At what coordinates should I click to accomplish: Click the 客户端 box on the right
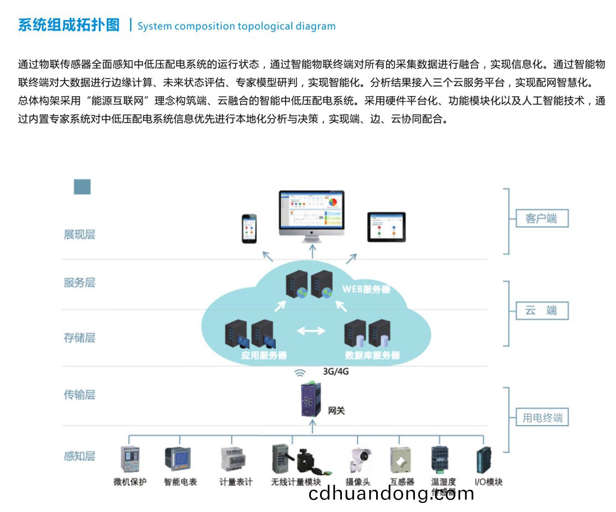tap(542, 218)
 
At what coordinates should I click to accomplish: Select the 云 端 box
tap(542, 311)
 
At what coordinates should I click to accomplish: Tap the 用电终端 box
tap(542, 417)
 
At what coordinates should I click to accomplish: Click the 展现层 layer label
tap(79, 235)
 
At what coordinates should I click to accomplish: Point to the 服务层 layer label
tap(79, 283)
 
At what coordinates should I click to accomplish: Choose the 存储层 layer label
tap(79, 338)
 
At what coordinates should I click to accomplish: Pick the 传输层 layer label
tap(79, 395)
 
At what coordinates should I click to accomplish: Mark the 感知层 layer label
tap(79, 456)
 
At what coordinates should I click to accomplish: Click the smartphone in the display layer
tap(249, 229)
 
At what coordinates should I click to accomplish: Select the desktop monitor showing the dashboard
tap(312, 213)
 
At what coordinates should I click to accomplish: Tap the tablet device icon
tap(386, 227)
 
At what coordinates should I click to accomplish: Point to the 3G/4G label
tap(336, 371)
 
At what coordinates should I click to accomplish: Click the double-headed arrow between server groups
tap(311, 331)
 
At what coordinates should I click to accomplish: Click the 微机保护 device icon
tap(130, 459)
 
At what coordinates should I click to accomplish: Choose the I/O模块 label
tap(488, 482)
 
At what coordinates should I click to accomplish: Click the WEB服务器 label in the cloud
tap(366, 289)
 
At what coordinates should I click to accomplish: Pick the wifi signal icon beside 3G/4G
tap(300, 373)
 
